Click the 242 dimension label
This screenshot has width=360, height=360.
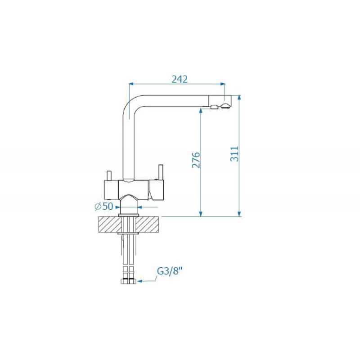click(180, 79)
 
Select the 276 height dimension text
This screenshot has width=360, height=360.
click(196, 160)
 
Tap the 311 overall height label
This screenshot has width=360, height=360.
click(234, 154)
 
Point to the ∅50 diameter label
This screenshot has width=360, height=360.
click(104, 207)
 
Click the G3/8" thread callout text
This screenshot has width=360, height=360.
click(170, 272)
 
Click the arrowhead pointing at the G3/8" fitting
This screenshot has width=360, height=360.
click(139, 281)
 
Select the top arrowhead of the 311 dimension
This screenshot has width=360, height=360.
click(239, 98)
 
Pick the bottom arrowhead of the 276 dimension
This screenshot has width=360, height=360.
click(201, 214)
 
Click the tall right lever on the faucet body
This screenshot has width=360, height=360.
click(161, 172)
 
